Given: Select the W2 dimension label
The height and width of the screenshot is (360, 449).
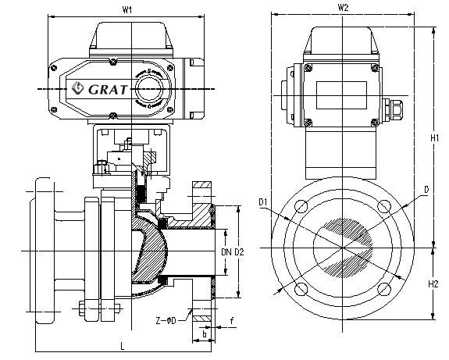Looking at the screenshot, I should [x=343, y=8].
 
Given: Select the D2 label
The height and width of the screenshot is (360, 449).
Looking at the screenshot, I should [x=239, y=251].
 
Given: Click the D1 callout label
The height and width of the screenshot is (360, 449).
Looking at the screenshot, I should [x=265, y=205].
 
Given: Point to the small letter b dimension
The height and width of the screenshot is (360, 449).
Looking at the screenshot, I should [x=204, y=334].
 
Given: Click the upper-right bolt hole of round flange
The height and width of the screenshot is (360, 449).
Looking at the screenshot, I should [x=382, y=208].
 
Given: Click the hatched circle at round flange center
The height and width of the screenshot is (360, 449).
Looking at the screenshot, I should [x=342, y=248].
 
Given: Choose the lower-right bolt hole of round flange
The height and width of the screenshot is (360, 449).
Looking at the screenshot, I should [x=382, y=290].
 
